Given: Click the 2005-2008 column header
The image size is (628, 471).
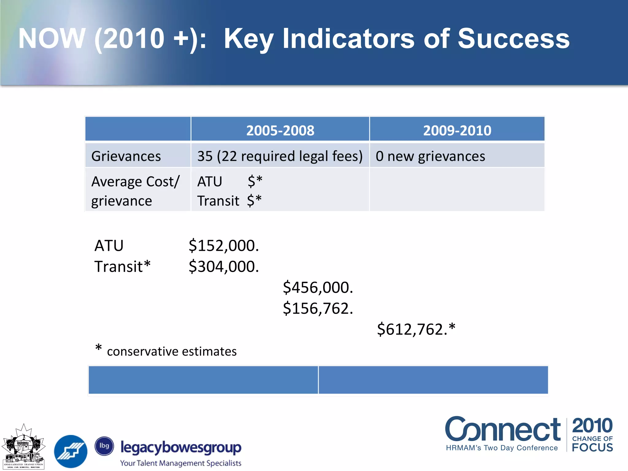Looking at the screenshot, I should (x=280, y=130).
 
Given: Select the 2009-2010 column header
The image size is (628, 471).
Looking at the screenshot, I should (x=457, y=130).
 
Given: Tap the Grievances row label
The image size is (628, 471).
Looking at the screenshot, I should (x=126, y=156).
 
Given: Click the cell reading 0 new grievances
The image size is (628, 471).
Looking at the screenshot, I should (x=430, y=156).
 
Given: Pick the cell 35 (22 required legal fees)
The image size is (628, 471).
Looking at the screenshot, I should (x=280, y=156).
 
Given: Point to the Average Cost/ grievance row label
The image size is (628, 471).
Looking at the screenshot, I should (x=135, y=191).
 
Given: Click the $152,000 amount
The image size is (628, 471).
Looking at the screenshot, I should (x=224, y=246).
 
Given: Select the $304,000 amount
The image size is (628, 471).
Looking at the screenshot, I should (x=224, y=266).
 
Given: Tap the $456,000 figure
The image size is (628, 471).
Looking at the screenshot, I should (x=318, y=287).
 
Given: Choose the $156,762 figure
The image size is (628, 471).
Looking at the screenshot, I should (x=318, y=308).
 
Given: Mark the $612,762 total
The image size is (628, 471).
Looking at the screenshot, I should (x=415, y=329).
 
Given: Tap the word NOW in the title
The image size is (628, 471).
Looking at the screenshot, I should (x=52, y=39).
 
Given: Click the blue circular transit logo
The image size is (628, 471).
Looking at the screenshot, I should (x=71, y=451).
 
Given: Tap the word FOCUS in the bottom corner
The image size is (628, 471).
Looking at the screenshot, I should (x=592, y=448).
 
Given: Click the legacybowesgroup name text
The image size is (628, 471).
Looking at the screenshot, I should (x=181, y=448).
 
